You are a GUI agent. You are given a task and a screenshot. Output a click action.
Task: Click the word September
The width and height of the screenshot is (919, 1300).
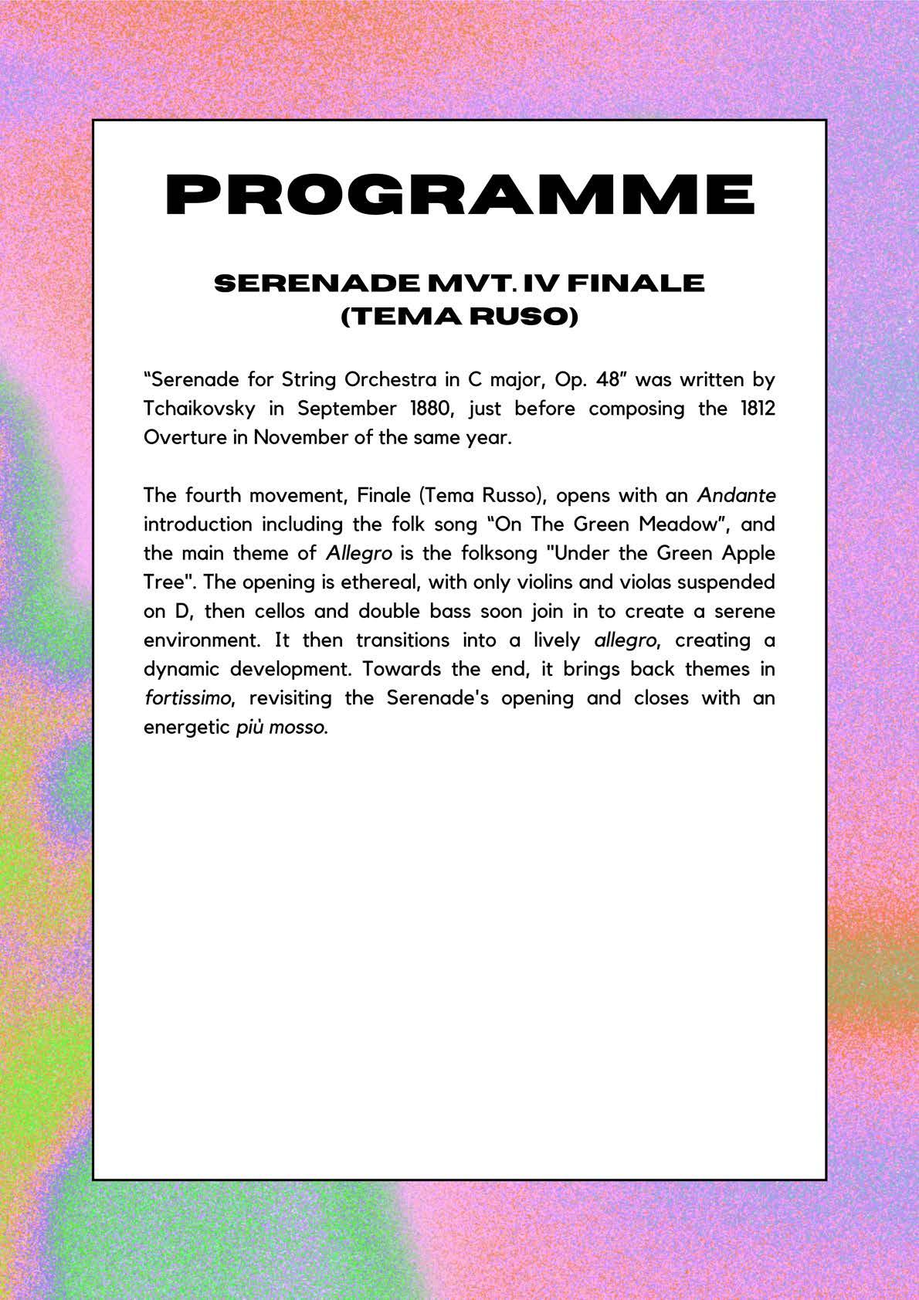click(x=337, y=408)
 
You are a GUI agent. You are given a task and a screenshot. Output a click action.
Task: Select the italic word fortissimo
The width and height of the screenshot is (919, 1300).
click(x=187, y=698)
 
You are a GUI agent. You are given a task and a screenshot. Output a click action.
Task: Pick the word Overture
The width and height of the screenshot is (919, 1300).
click(x=181, y=437)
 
